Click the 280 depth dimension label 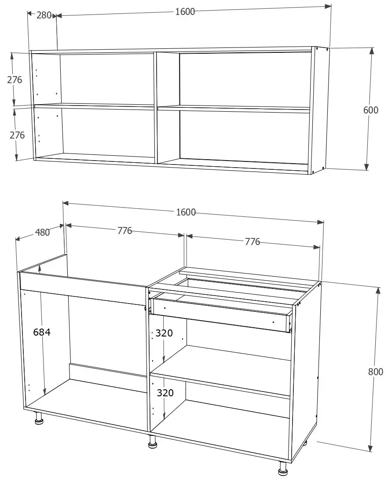pyautogui.click(x=44, y=15)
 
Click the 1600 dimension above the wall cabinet pyautogui.click(x=185, y=12)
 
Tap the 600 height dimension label pyautogui.click(x=370, y=110)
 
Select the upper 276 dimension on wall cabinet pyautogui.click(x=15, y=80)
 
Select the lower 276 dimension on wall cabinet pyautogui.click(x=17, y=135)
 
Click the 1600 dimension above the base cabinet pyautogui.click(x=186, y=212)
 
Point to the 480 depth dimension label pyautogui.click(x=43, y=232)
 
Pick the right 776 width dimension pyautogui.click(x=253, y=241)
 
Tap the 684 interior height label pyautogui.click(x=42, y=333)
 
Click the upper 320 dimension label pyautogui.click(x=164, y=333)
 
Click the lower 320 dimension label pyautogui.click(x=165, y=393)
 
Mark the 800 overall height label pyautogui.click(x=375, y=372)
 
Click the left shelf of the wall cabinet pyautogui.click(x=95, y=106)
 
